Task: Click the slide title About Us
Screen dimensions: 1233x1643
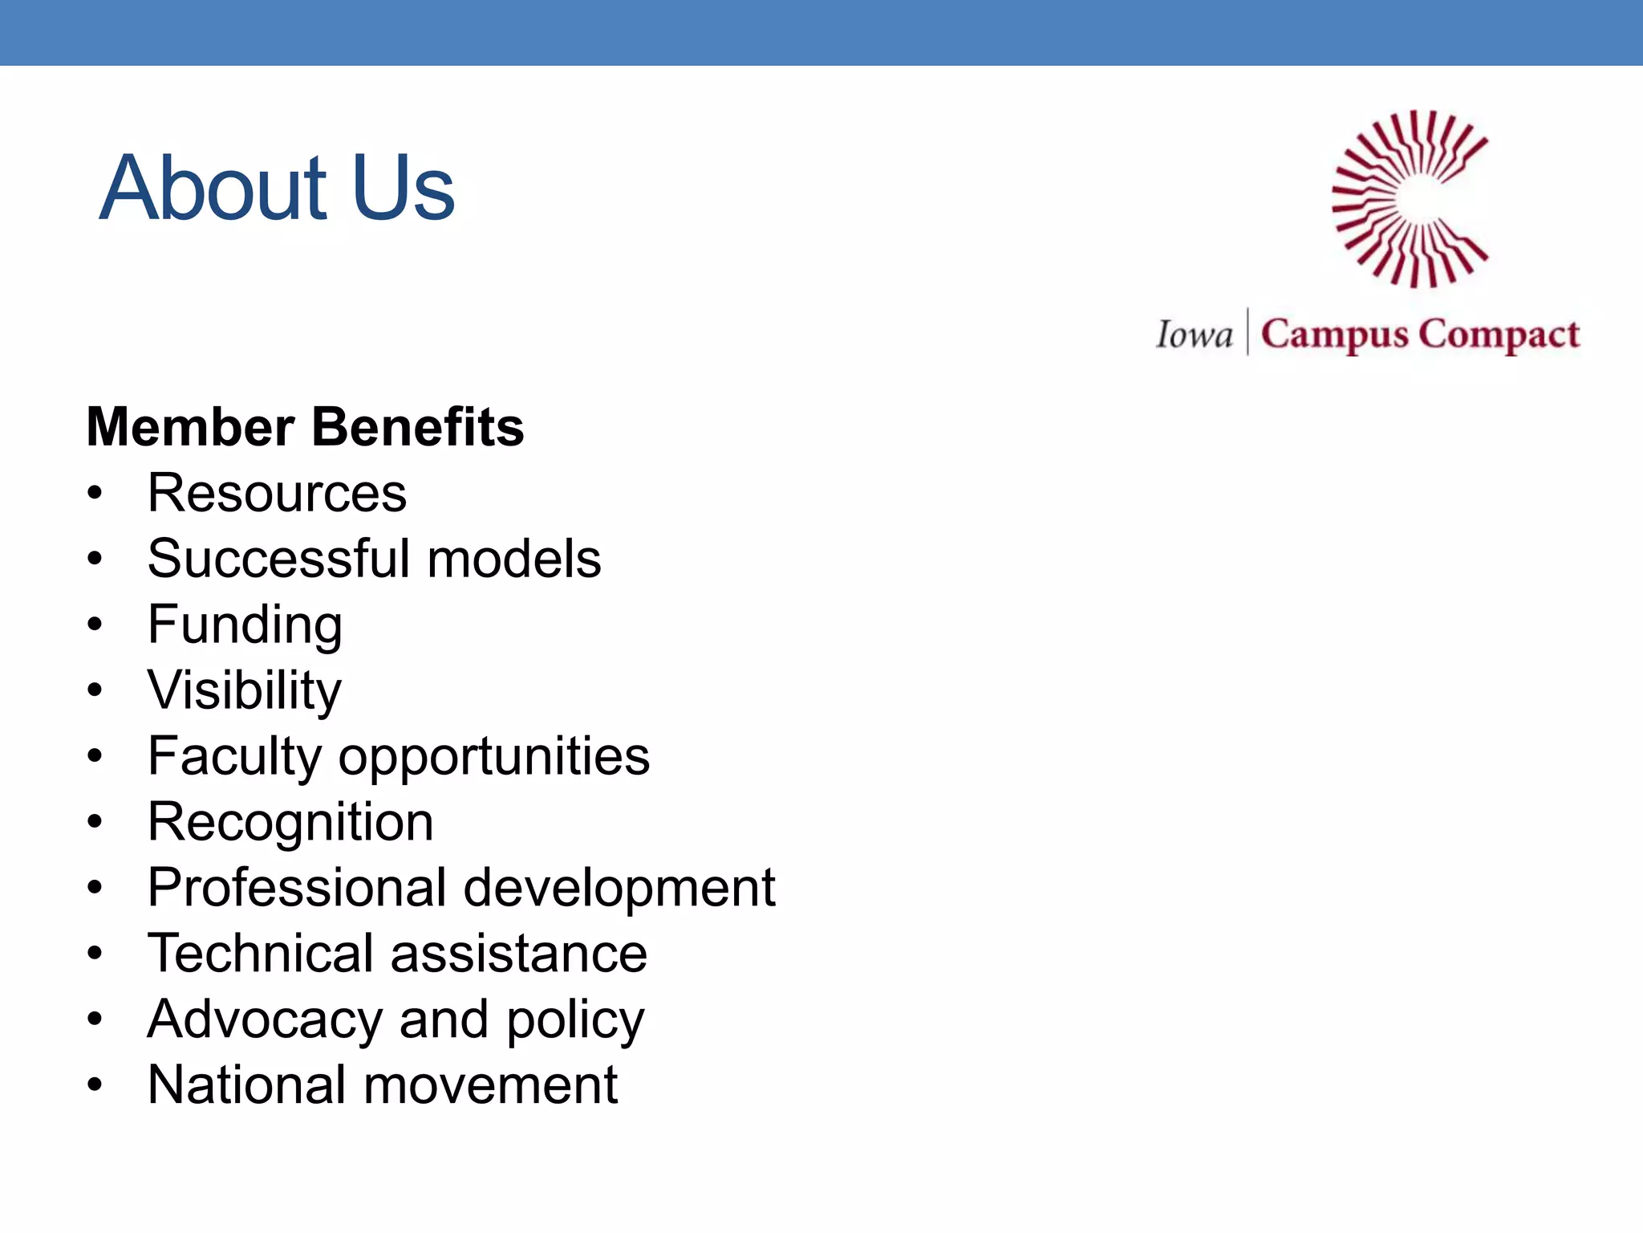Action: [x=277, y=188]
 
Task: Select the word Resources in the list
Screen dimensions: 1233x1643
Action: [x=277, y=493]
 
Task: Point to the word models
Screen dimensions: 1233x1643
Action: [x=514, y=559]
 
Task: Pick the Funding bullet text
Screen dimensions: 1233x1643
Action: [x=245, y=625]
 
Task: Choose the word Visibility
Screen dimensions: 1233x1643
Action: [x=245, y=690]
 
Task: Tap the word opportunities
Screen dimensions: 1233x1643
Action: [x=494, y=757]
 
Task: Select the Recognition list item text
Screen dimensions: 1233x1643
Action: [x=290, y=823]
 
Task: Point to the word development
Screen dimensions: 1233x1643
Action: [x=619, y=888]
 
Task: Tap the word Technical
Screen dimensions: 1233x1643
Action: [x=261, y=954]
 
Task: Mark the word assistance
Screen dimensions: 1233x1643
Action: [x=519, y=954]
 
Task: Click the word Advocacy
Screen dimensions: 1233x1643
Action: [x=265, y=1020]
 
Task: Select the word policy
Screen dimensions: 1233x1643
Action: [x=575, y=1020]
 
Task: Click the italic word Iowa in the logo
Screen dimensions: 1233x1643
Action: [x=1194, y=335]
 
